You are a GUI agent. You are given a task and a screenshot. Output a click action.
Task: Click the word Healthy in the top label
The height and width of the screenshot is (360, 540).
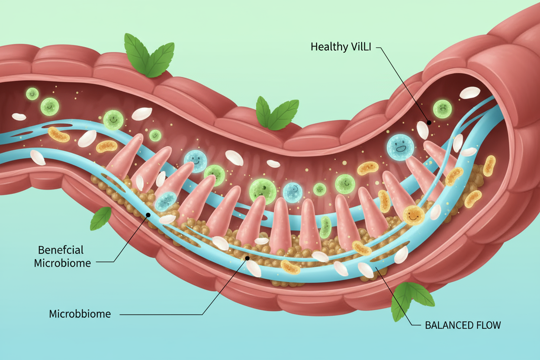click(328, 47)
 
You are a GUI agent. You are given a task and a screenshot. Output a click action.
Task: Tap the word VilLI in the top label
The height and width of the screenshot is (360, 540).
click(360, 47)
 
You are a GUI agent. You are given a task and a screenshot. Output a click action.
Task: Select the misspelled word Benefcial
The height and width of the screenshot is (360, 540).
click(61, 250)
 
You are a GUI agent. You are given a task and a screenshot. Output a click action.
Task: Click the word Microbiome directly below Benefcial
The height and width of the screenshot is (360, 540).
click(62, 263)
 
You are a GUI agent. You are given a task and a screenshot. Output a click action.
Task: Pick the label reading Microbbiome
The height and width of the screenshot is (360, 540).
click(80, 314)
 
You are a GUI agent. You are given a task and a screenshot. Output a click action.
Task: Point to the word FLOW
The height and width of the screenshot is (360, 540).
click(487, 325)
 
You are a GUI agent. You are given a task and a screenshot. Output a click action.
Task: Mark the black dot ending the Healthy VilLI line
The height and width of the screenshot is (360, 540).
click(428, 122)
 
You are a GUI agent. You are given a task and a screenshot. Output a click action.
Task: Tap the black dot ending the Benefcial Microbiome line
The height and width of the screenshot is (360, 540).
click(148, 215)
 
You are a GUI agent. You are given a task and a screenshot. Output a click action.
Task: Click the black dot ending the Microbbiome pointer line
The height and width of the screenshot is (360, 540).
click(247, 258)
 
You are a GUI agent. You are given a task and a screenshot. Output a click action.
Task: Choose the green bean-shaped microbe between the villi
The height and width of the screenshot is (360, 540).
click(325, 228)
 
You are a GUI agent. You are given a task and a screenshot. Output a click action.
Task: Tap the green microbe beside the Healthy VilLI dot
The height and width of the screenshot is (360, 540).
click(442, 108)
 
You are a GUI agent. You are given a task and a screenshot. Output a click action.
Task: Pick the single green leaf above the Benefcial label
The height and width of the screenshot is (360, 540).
click(100, 218)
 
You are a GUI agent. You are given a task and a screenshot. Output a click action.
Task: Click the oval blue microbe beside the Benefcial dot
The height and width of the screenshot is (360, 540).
click(165, 201)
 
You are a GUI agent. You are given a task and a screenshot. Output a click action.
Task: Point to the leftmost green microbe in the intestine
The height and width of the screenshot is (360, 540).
click(32, 93)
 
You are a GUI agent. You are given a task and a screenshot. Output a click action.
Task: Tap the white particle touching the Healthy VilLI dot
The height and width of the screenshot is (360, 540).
click(423, 129)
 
